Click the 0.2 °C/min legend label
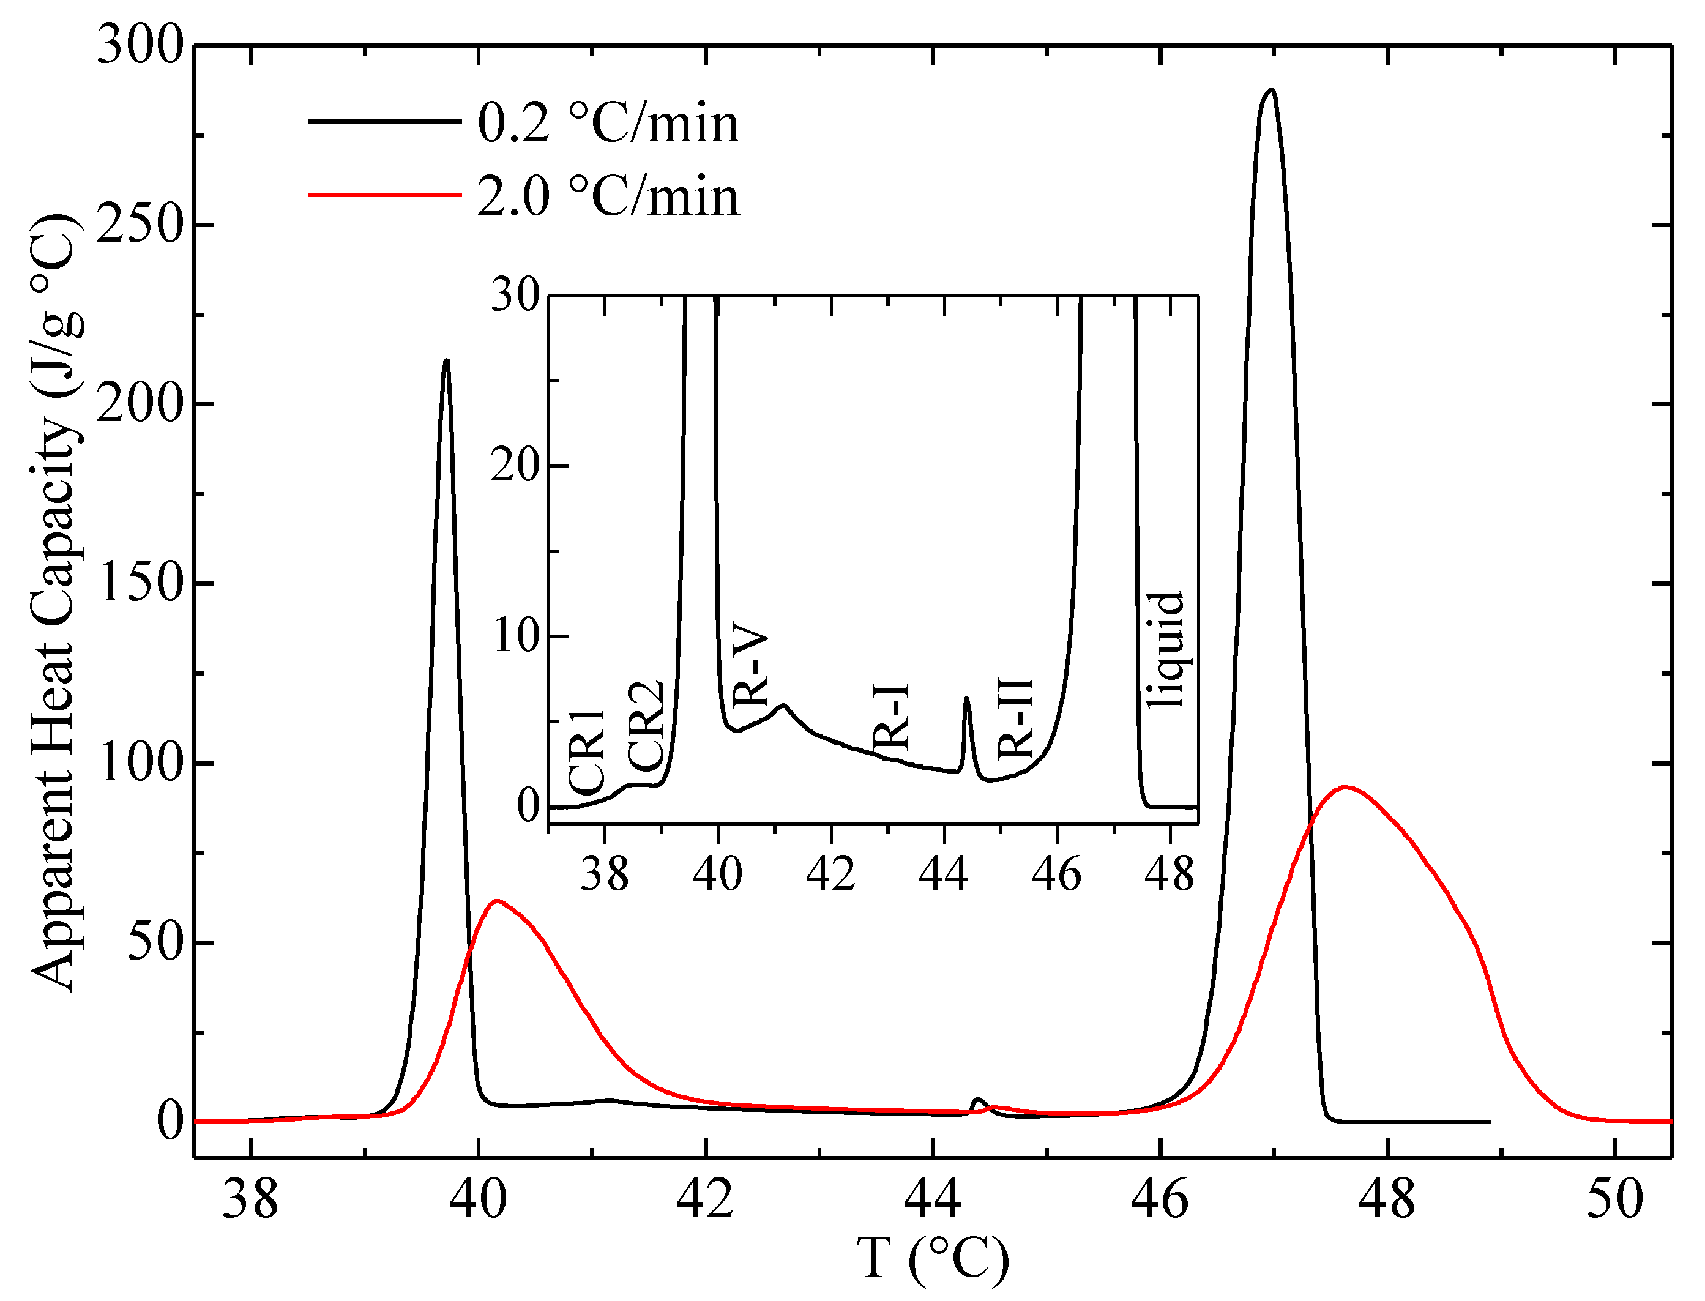pyautogui.click(x=608, y=124)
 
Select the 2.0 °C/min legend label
pyautogui.click(x=608, y=196)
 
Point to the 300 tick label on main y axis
pyautogui.click(x=140, y=46)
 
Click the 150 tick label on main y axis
pyautogui.click(x=140, y=583)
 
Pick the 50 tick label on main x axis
pyautogui.click(x=1614, y=1199)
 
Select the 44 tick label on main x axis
pyautogui.click(x=933, y=1199)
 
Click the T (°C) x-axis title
pyautogui.click(x=933, y=1258)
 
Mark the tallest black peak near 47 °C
pyautogui.click(x=1270, y=91)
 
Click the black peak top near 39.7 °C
pyautogui.click(x=446, y=361)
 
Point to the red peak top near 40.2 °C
pyautogui.click(x=496, y=901)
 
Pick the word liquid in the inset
pyautogui.click(x=1166, y=650)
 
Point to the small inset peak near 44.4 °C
pyautogui.click(x=966, y=699)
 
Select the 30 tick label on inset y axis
pyautogui.click(x=515, y=295)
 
